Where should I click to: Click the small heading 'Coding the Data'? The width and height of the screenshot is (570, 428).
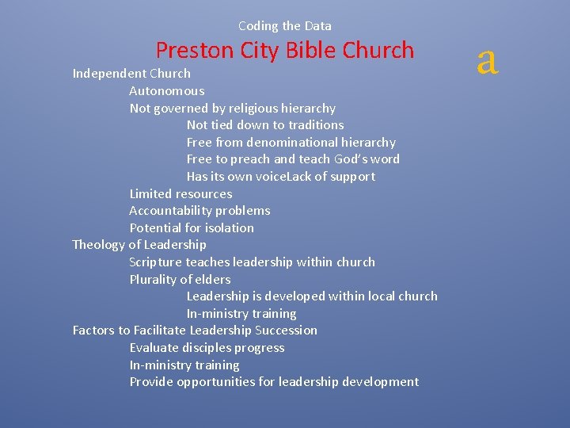click(285, 26)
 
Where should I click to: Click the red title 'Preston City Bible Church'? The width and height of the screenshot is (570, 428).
click(285, 50)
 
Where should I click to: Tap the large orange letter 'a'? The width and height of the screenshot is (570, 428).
click(488, 59)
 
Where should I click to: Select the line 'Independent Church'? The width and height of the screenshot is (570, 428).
click(131, 74)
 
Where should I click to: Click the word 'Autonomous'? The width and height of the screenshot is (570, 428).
click(166, 91)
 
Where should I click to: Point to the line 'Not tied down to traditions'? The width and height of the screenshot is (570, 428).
click(265, 125)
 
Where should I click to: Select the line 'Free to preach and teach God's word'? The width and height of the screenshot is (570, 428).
click(293, 159)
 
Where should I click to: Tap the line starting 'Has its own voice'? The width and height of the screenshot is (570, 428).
click(281, 177)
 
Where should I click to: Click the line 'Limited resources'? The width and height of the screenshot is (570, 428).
click(180, 194)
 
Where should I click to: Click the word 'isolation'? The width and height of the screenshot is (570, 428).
click(229, 228)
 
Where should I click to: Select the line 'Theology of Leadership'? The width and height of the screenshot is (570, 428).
click(139, 245)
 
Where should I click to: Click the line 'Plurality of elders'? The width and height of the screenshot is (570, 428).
click(180, 280)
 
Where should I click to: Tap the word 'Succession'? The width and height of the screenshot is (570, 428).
click(286, 331)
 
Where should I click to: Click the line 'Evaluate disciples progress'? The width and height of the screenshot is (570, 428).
click(207, 348)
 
